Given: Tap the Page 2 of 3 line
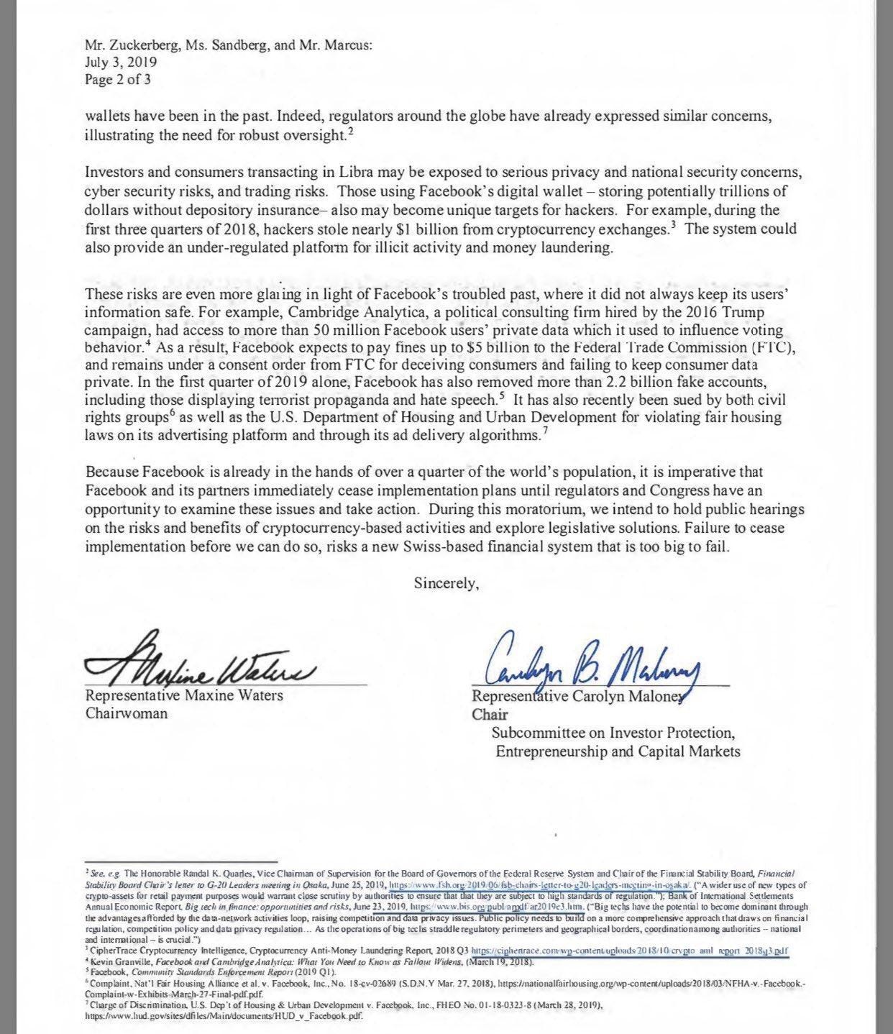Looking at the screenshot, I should pos(117,80).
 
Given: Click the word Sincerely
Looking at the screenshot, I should pos(446,583).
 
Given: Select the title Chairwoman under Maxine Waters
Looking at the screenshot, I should pos(126,713).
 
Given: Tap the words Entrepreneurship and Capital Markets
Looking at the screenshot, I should pos(618,751).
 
